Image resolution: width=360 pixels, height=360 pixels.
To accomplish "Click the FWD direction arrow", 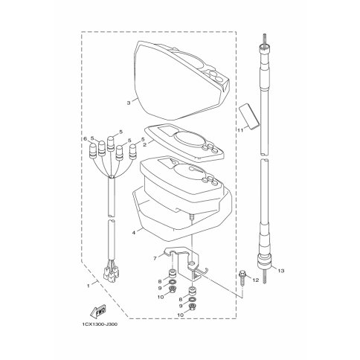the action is pos(99,310).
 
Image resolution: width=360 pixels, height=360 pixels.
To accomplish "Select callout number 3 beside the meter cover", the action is pos(129,103).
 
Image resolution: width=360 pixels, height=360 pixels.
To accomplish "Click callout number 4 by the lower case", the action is pos(134,233).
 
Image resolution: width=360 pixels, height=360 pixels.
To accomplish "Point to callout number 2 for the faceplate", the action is pos(144,145).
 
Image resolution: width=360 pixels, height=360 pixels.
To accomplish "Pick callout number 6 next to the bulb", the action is pos(86,139).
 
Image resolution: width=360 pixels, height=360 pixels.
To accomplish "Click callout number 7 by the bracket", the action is pos(155,259).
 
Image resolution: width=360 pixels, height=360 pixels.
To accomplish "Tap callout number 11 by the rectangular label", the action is pos(240,129).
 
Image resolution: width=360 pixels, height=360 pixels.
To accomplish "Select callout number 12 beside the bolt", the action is pos(255,280).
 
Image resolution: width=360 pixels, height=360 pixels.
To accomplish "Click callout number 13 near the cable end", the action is pos(280,271).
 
